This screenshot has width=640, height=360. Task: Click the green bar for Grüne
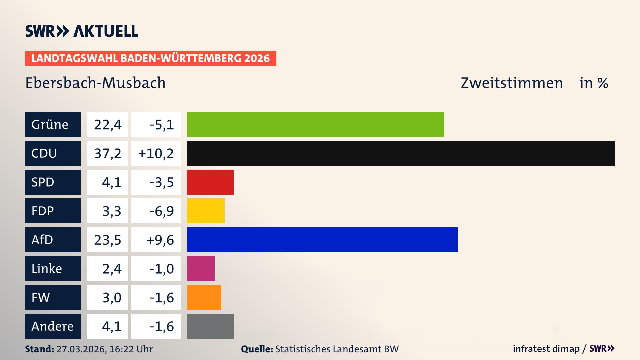pyautogui.click(x=315, y=124)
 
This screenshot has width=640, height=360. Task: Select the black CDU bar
pyautogui.click(x=401, y=153)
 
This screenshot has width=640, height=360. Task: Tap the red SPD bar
pyautogui.click(x=210, y=182)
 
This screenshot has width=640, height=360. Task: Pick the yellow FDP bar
pyautogui.click(x=206, y=211)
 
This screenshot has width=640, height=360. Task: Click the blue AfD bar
pyautogui.click(x=322, y=240)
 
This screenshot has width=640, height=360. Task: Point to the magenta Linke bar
pyautogui.click(x=201, y=268)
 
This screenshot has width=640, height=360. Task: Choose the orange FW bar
pyautogui.click(x=204, y=297)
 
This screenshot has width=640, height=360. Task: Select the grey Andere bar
pyautogui.click(x=210, y=326)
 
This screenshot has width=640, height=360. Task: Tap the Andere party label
pyautogui.click(x=53, y=326)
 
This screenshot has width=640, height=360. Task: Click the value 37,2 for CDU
pyautogui.click(x=107, y=153)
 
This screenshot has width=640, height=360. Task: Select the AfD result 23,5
pyautogui.click(x=107, y=240)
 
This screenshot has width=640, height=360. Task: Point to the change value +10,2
pyautogui.click(x=156, y=153)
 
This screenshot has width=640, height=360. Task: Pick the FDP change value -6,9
pyautogui.click(x=161, y=211)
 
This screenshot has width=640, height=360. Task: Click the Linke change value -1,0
pyautogui.click(x=161, y=269)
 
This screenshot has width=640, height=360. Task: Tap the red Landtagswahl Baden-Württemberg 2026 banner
pyautogui.click(x=150, y=58)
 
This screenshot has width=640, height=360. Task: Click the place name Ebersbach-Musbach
pyautogui.click(x=95, y=83)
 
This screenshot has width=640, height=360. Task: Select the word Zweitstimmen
pyautogui.click(x=512, y=83)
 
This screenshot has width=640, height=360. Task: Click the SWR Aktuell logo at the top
pyautogui.click(x=82, y=31)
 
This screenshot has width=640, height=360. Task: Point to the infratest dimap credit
pyautogui.click(x=546, y=349)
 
